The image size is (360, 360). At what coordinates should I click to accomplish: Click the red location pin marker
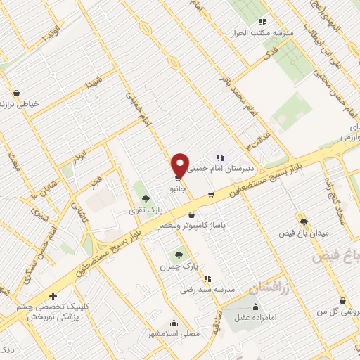(x=180, y=165)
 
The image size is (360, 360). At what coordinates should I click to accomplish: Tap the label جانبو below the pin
(x=176, y=188)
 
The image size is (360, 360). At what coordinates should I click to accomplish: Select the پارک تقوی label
(x=150, y=210)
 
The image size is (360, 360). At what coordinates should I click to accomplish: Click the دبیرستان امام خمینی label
(x=236, y=169)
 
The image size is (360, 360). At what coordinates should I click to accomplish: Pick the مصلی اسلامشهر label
(x=169, y=335)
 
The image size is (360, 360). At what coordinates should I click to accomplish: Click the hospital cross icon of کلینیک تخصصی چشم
(x=53, y=297)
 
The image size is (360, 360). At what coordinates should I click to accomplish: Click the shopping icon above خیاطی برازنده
(x=16, y=93)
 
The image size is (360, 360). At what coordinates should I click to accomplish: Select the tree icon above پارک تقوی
(x=146, y=199)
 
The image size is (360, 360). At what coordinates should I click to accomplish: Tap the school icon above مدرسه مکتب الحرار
(x=262, y=22)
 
